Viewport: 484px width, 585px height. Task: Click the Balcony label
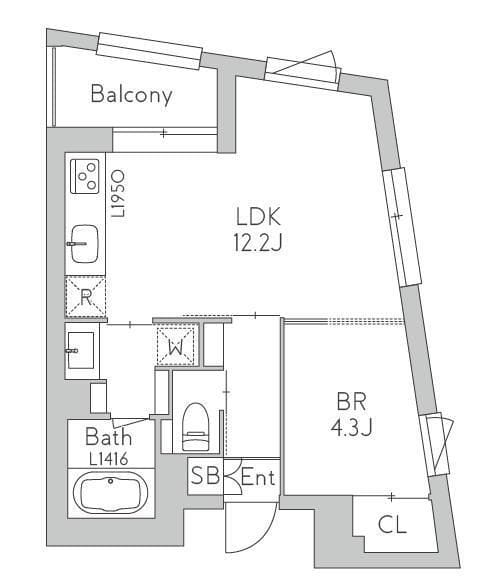point(131,94)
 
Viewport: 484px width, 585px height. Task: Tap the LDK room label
point(258,217)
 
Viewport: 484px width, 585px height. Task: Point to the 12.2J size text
point(258,243)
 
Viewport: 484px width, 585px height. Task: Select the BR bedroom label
point(351,401)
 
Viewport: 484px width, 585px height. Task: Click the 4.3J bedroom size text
point(352,427)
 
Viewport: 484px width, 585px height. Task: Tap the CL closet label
point(392,525)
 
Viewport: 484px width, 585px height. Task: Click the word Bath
point(109,437)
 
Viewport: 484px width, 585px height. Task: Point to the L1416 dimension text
point(109,459)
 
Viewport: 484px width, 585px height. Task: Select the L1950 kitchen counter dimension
point(119,194)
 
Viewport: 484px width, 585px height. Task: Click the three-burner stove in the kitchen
point(85,176)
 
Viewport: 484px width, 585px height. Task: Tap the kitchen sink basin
point(85,244)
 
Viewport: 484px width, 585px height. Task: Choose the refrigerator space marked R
point(85,297)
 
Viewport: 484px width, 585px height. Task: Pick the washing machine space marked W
point(176,346)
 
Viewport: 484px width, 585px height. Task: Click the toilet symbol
point(195,426)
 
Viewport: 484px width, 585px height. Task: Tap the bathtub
point(110,493)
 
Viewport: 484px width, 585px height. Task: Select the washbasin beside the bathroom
point(81,350)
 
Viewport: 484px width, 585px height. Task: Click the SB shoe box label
point(205,476)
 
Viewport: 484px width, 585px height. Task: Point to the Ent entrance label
point(258,477)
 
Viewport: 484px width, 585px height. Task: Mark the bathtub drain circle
point(110,481)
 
